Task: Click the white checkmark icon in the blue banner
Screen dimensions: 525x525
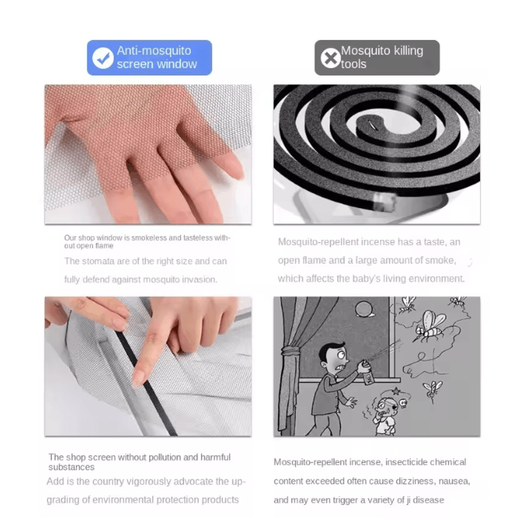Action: coord(103,58)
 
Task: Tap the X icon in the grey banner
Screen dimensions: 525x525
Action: coord(331,58)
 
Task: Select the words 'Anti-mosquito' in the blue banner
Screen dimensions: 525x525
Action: coord(154,51)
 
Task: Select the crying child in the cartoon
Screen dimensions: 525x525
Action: coord(385,415)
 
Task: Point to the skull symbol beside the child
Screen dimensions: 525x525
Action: coord(403,403)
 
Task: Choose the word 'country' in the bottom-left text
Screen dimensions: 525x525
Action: coord(111,481)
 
